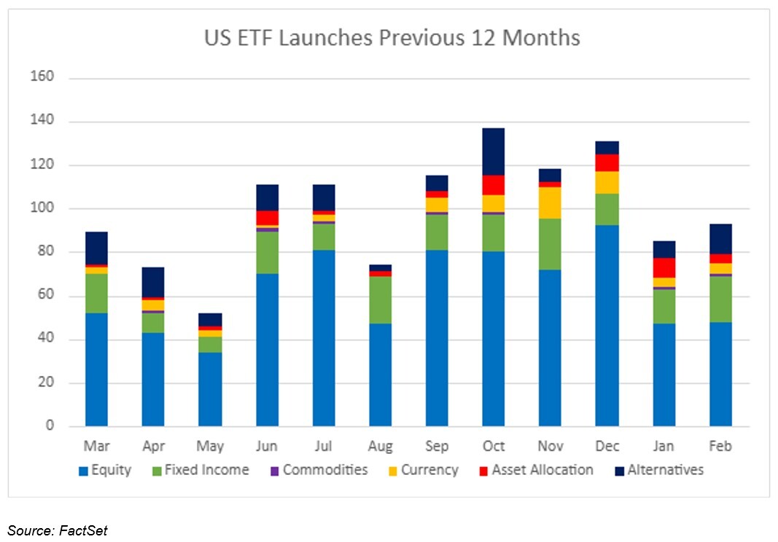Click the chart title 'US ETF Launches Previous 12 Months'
(x=392, y=38)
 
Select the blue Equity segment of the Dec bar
(x=607, y=326)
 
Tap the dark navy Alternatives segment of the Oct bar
(x=494, y=152)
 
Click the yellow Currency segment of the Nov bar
(x=550, y=203)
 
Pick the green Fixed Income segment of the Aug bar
(x=381, y=299)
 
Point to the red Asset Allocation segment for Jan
(x=664, y=267)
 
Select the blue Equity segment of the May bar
(x=210, y=389)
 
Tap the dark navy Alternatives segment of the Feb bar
(x=720, y=238)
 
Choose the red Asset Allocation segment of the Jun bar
(x=267, y=218)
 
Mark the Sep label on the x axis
(x=437, y=446)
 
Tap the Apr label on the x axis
(x=153, y=446)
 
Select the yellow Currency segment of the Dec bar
(x=607, y=183)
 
